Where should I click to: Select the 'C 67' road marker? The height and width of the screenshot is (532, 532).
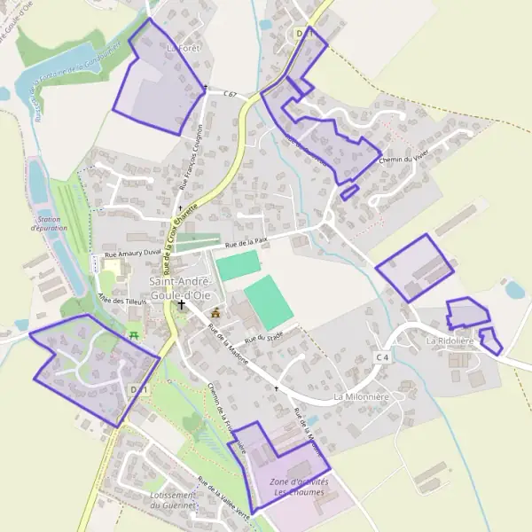(x=229, y=94)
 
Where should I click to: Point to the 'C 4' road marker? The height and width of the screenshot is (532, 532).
(x=382, y=356)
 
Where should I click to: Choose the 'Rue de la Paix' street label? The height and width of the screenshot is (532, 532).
(x=246, y=241)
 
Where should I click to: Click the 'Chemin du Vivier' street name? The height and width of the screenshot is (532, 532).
(x=403, y=159)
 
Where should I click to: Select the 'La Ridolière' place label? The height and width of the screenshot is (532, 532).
(x=450, y=340)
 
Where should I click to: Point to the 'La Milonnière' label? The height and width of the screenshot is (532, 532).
(x=362, y=397)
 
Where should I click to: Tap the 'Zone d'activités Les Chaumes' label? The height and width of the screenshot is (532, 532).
(x=299, y=486)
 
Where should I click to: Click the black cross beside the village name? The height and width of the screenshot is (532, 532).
(x=182, y=304)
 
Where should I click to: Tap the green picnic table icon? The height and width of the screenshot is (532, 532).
(x=134, y=334)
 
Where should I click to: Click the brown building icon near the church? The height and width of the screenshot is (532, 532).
(x=215, y=313)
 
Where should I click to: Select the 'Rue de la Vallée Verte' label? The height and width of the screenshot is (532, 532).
(x=228, y=497)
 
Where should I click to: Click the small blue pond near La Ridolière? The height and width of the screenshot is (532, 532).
(x=514, y=289)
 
